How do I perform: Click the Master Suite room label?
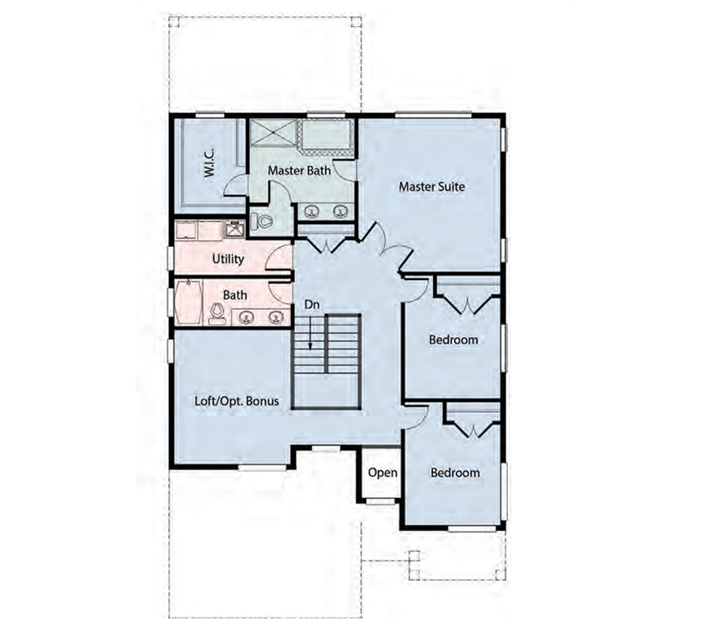[432, 186]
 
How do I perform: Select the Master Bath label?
[299, 170]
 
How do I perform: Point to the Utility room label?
[228, 259]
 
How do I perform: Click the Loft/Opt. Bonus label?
[237, 401]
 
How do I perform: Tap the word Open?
[383, 473]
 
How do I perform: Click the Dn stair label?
[312, 305]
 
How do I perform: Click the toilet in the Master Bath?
[262, 221]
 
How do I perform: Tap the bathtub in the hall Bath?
[189, 301]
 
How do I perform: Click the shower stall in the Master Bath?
[273, 133]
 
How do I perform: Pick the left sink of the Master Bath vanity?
[312, 211]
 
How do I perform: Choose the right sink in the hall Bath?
[275, 317]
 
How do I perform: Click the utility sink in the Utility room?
[234, 229]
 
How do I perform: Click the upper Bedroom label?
[454, 339]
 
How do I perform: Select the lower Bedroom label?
[455, 473]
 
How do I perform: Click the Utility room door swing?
[277, 258]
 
